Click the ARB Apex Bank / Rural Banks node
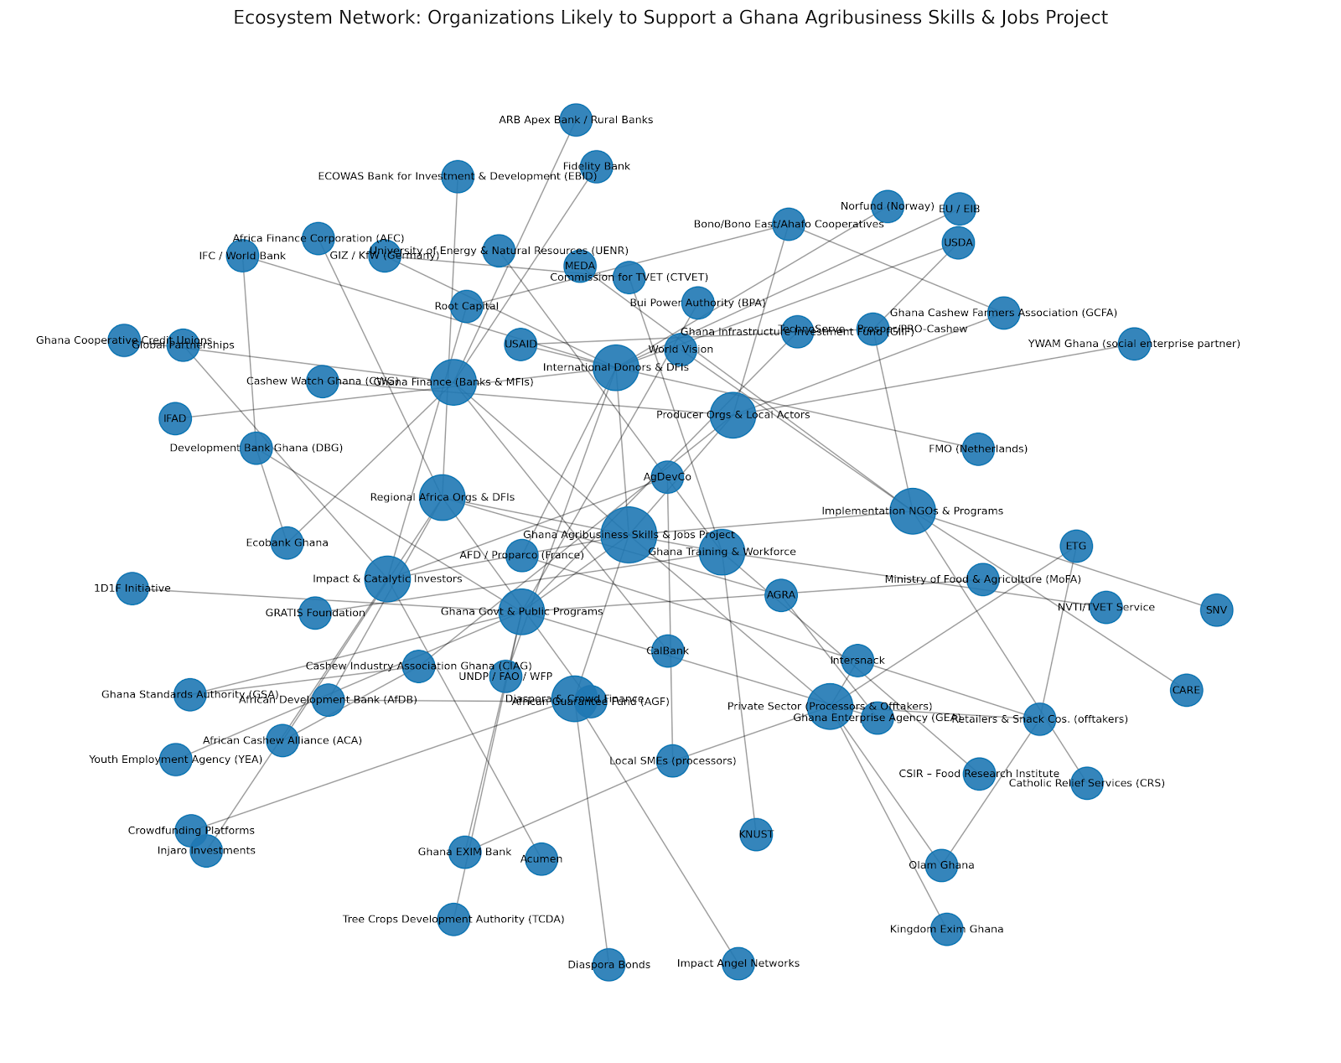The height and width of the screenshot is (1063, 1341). click(575, 120)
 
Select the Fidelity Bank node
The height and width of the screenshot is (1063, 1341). click(596, 167)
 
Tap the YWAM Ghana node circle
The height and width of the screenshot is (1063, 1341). click(1134, 344)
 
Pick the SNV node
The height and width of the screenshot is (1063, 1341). click(1216, 610)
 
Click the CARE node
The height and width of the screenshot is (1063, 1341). click(1186, 691)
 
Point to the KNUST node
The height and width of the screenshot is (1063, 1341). click(756, 835)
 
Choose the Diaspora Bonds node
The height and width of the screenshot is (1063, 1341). click(608, 965)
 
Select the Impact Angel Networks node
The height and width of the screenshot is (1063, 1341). click(738, 963)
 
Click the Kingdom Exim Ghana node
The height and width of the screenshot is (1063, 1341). click(946, 929)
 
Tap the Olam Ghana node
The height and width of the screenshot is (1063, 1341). click(941, 865)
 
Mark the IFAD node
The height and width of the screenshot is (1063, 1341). click(175, 417)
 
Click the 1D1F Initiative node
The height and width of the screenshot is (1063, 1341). click(132, 589)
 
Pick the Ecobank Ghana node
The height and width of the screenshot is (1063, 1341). click(287, 542)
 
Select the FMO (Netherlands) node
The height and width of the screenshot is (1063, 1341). click(978, 449)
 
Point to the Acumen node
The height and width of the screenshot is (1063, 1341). click(541, 858)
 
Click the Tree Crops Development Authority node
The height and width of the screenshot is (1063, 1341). click(453, 920)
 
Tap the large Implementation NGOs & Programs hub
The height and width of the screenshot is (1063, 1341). click(912, 511)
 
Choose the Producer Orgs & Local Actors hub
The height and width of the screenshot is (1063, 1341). click(733, 415)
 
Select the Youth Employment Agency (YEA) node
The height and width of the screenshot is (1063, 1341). click(175, 760)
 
